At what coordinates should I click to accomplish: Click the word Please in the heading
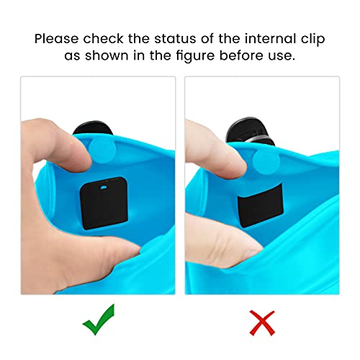point(58,37)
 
